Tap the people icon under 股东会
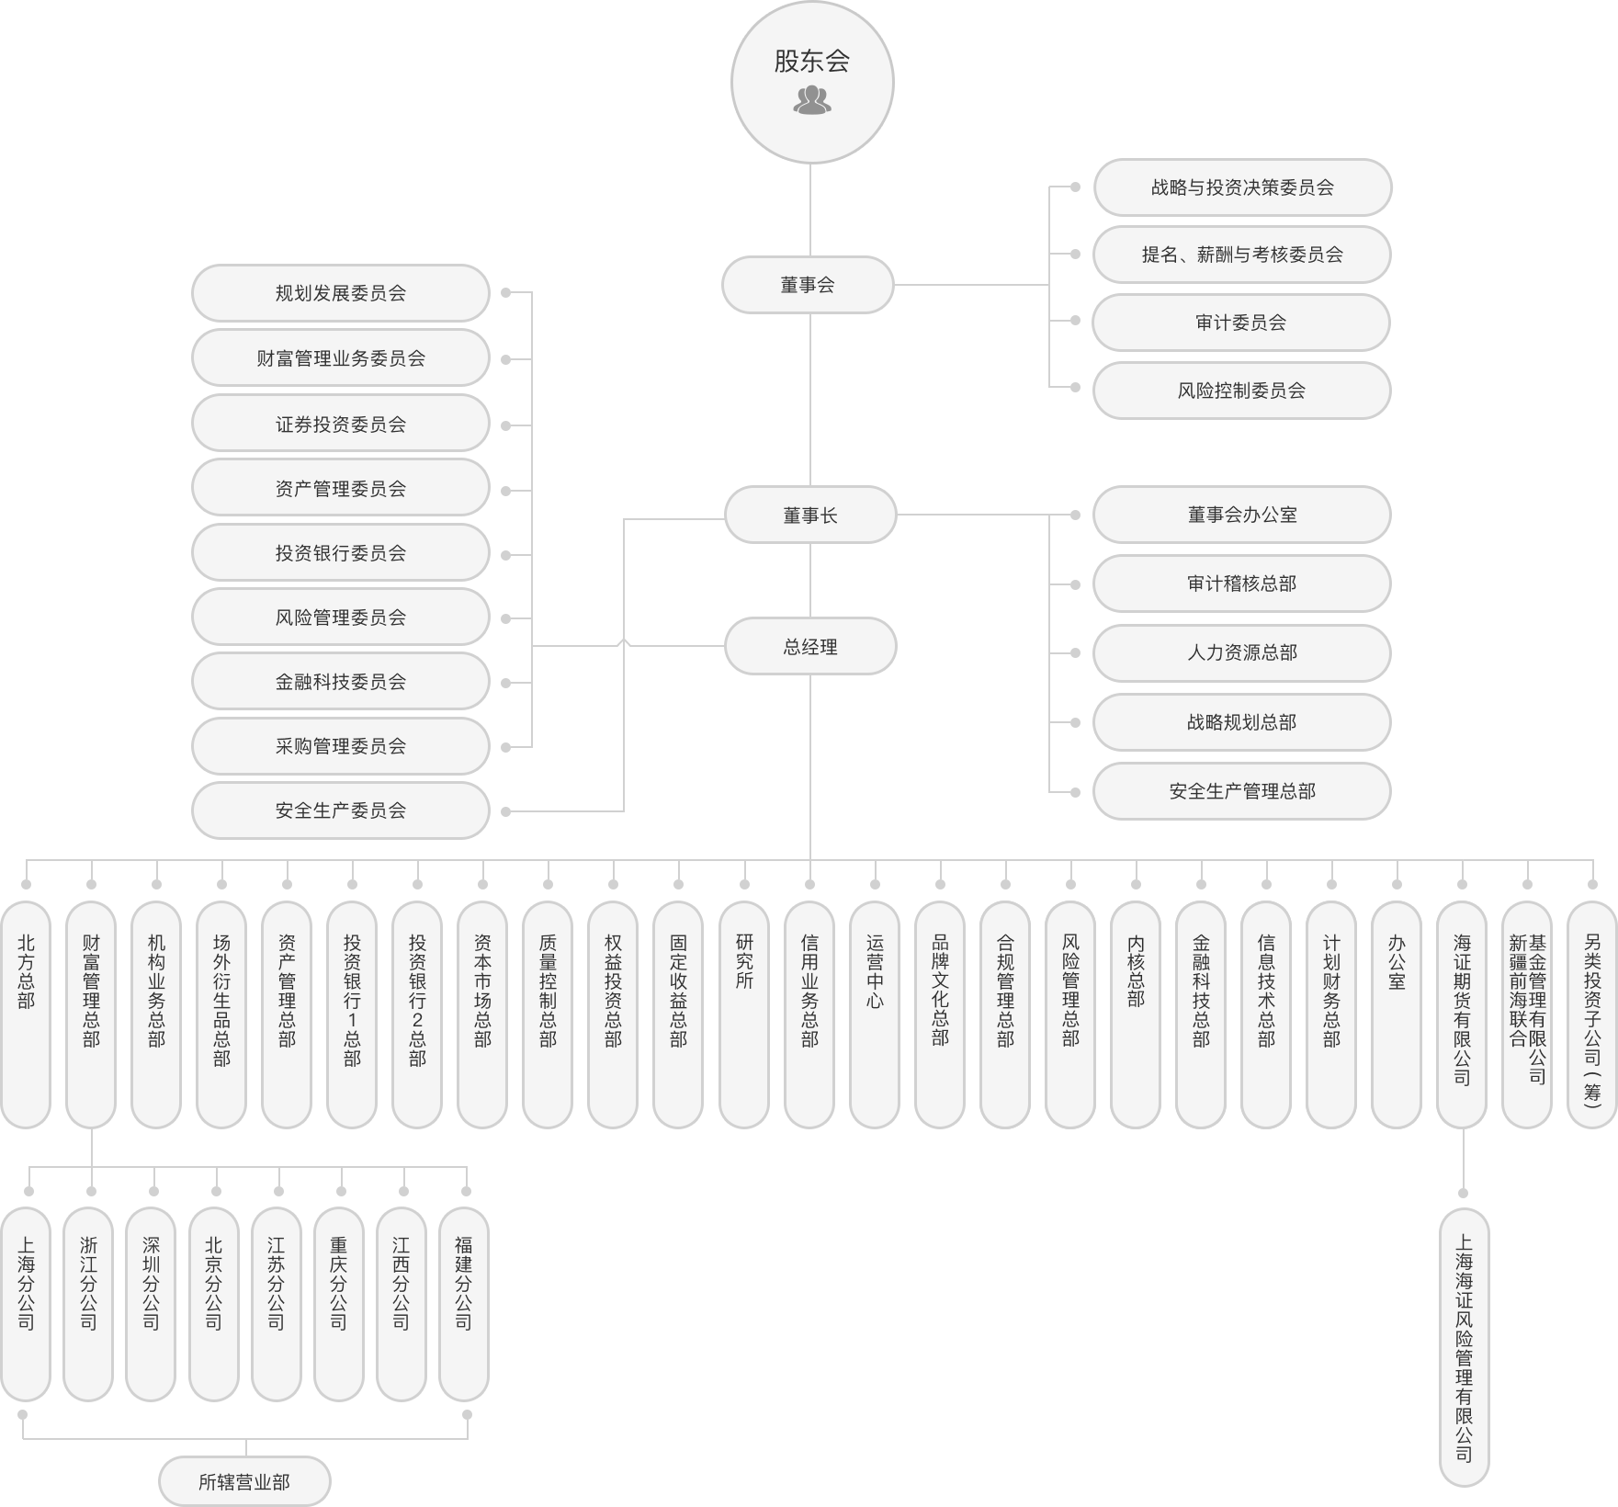(x=811, y=100)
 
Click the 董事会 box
(x=808, y=285)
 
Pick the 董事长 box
(x=810, y=516)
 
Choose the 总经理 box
(x=810, y=647)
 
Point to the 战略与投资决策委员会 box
(x=1241, y=187)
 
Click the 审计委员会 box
(x=1240, y=323)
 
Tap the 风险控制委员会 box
(x=1240, y=391)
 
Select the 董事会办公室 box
(x=1241, y=515)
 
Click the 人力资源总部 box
(x=1241, y=652)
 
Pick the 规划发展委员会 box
(x=341, y=293)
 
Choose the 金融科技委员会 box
(x=341, y=682)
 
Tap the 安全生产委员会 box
(x=341, y=810)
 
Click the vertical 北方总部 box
(x=26, y=1014)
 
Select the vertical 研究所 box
(x=744, y=1014)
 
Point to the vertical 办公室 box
(x=1397, y=1014)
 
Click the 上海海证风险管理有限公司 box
(x=1464, y=1347)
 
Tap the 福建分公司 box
(x=464, y=1304)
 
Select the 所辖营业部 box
(x=244, y=1481)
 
